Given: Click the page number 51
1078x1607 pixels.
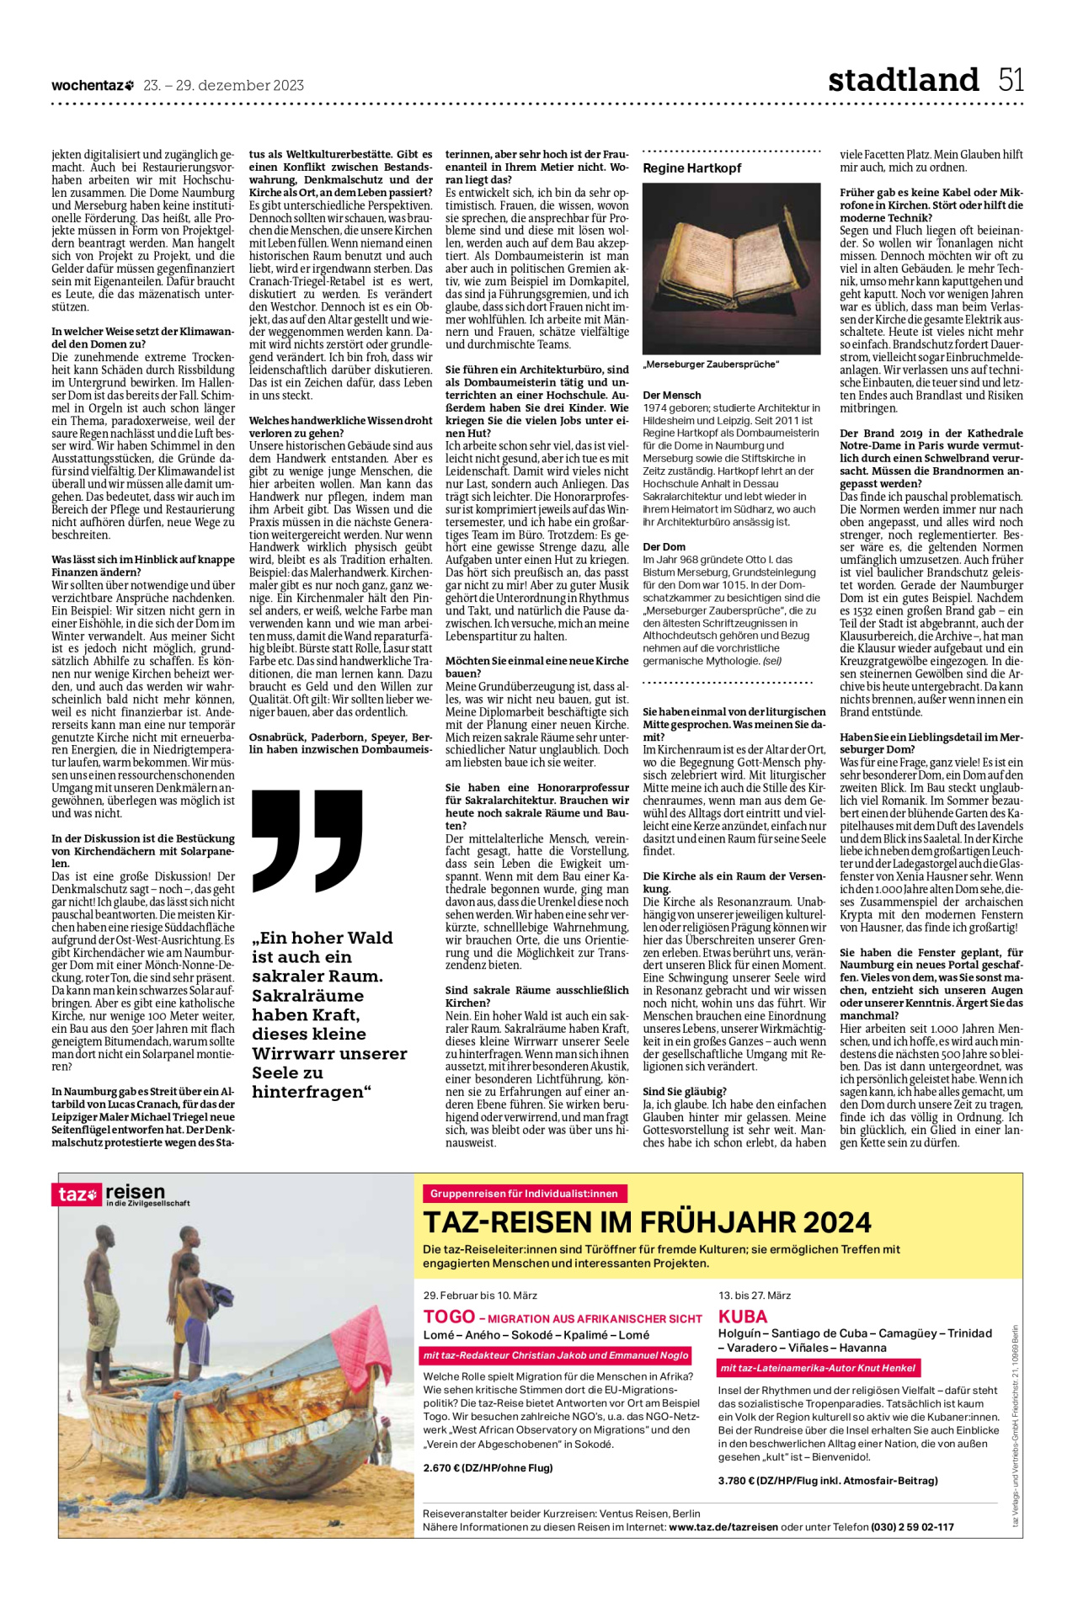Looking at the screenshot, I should pyautogui.click(x=1011, y=80).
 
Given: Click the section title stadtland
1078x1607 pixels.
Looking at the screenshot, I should pyautogui.click(x=903, y=80).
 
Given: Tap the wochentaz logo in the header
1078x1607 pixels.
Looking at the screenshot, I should pyautogui.click(x=93, y=85).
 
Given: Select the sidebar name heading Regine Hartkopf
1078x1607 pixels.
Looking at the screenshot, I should pyautogui.click(x=691, y=168).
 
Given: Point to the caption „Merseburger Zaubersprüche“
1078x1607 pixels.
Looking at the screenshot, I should pyautogui.click(x=711, y=365).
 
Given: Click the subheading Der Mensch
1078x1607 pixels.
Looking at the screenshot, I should pyautogui.click(x=671, y=395).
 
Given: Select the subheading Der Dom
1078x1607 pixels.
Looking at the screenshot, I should pyautogui.click(x=664, y=546).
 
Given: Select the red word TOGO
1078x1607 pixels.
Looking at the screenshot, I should pyautogui.click(x=449, y=1317).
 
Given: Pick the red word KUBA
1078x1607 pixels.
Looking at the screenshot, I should pyautogui.click(x=743, y=1317).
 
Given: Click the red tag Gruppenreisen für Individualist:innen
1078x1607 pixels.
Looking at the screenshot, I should pyautogui.click(x=524, y=1193).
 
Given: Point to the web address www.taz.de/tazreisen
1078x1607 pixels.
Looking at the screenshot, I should pyautogui.click(x=723, y=1526).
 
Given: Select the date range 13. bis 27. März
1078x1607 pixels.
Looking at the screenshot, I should pyautogui.click(x=755, y=1295).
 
